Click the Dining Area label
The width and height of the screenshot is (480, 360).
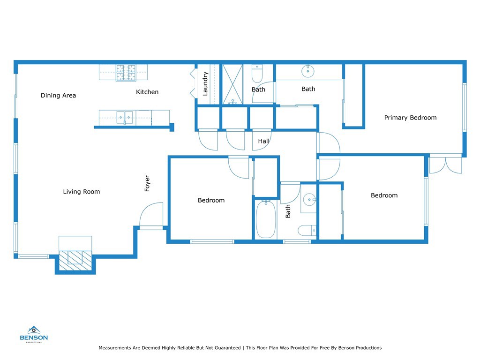58,96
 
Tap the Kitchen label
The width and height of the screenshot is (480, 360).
147,92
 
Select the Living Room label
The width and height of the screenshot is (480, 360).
82,192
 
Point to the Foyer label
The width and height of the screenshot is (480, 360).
147,183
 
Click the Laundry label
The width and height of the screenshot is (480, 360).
205,83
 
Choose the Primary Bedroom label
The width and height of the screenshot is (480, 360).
410,118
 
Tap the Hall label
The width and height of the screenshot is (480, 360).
263,141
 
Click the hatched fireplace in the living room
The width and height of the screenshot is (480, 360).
75,261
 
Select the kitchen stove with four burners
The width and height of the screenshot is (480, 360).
126,73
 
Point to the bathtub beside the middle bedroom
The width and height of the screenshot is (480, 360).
266,219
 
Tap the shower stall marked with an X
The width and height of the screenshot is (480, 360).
232,84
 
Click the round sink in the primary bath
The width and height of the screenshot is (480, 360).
307,71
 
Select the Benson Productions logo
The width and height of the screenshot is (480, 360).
34,334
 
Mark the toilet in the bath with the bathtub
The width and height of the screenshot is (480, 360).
307,231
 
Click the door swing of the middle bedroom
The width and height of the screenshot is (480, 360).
239,167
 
